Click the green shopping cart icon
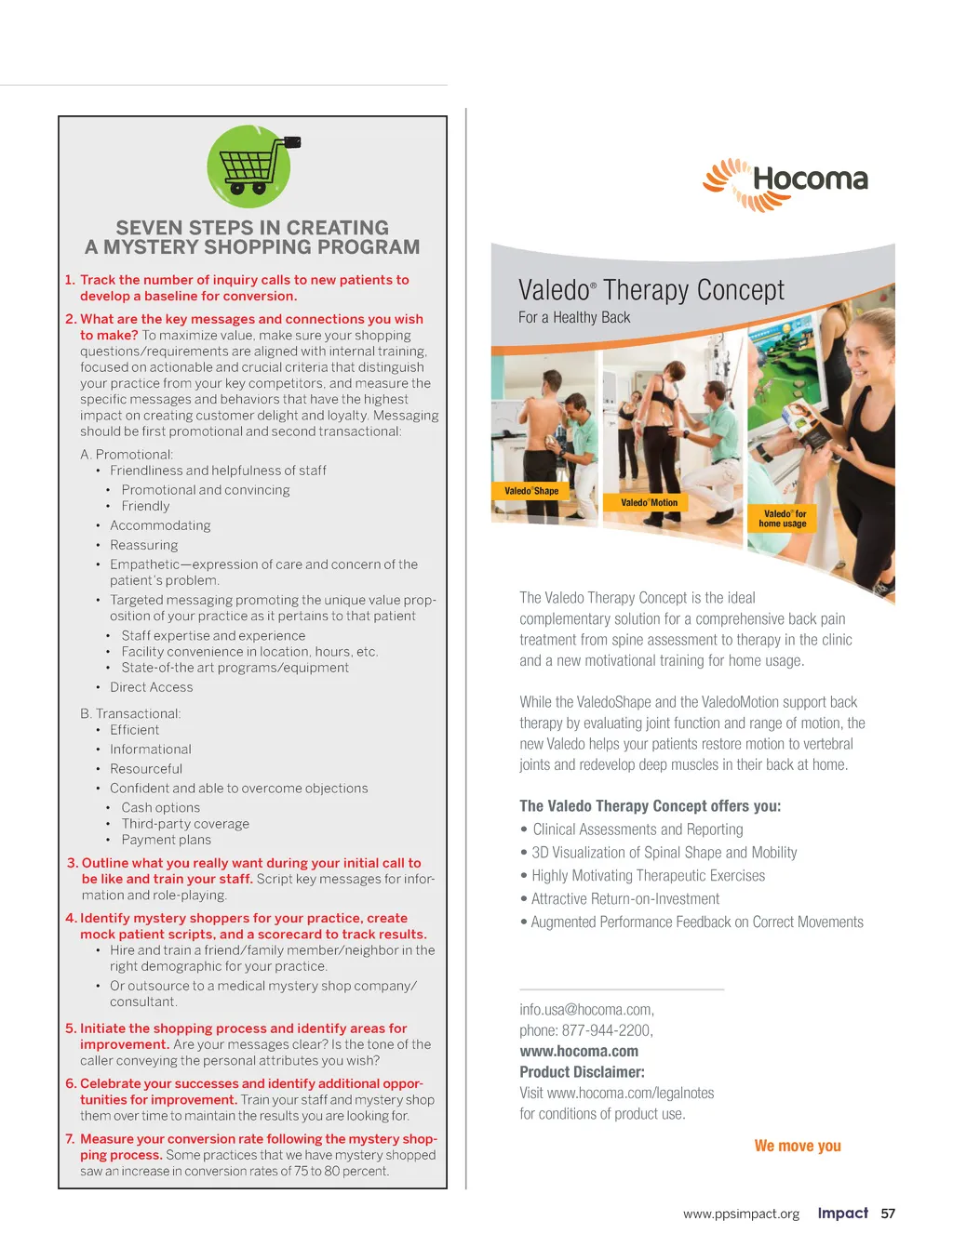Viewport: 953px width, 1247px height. pyautogui.click(x=249, y=166)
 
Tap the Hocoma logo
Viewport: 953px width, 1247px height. pyautogui.click(x=786, y=182)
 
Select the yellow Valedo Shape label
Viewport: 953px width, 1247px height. pyautogui.click(x=531, y=491)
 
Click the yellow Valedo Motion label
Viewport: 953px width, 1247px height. pyautogui.click(x=650, y=503)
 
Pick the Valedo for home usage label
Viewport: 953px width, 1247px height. pyautogui.click(x=783, y=519)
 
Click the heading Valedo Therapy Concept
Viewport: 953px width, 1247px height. pyautogui.click(x=651, y=290)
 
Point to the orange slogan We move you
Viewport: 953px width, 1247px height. pyautogui.click(x=798, y=1146)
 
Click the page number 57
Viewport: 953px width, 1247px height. pyautogui.click(x=888, y=1214)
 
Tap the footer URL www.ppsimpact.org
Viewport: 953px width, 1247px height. pyautogui.click(x=741, y=1214)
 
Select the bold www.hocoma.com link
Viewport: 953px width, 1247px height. pyautogui.click(x=579, y=1051)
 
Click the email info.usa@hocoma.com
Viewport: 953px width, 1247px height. pyautogui.click(x=586, y=1009)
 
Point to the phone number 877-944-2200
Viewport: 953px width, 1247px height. pyautogui.click(x=606, y=1030)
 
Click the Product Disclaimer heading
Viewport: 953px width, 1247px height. pyautogui.click(x=582, y=1072)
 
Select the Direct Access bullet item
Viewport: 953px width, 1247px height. pyautogui.click(x=151, y=687)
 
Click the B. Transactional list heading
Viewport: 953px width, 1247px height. pyautogui.click(x=130, y=714)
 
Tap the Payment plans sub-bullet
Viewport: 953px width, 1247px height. pyautogui.click(x=166, y=840)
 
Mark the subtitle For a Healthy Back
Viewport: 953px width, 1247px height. pyautogui.click(x=574, y=318)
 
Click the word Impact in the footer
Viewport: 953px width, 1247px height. pyautogui.click(x=842, y=1213)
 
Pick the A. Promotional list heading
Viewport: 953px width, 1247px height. pyautogui.click(x=127, y=455)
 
